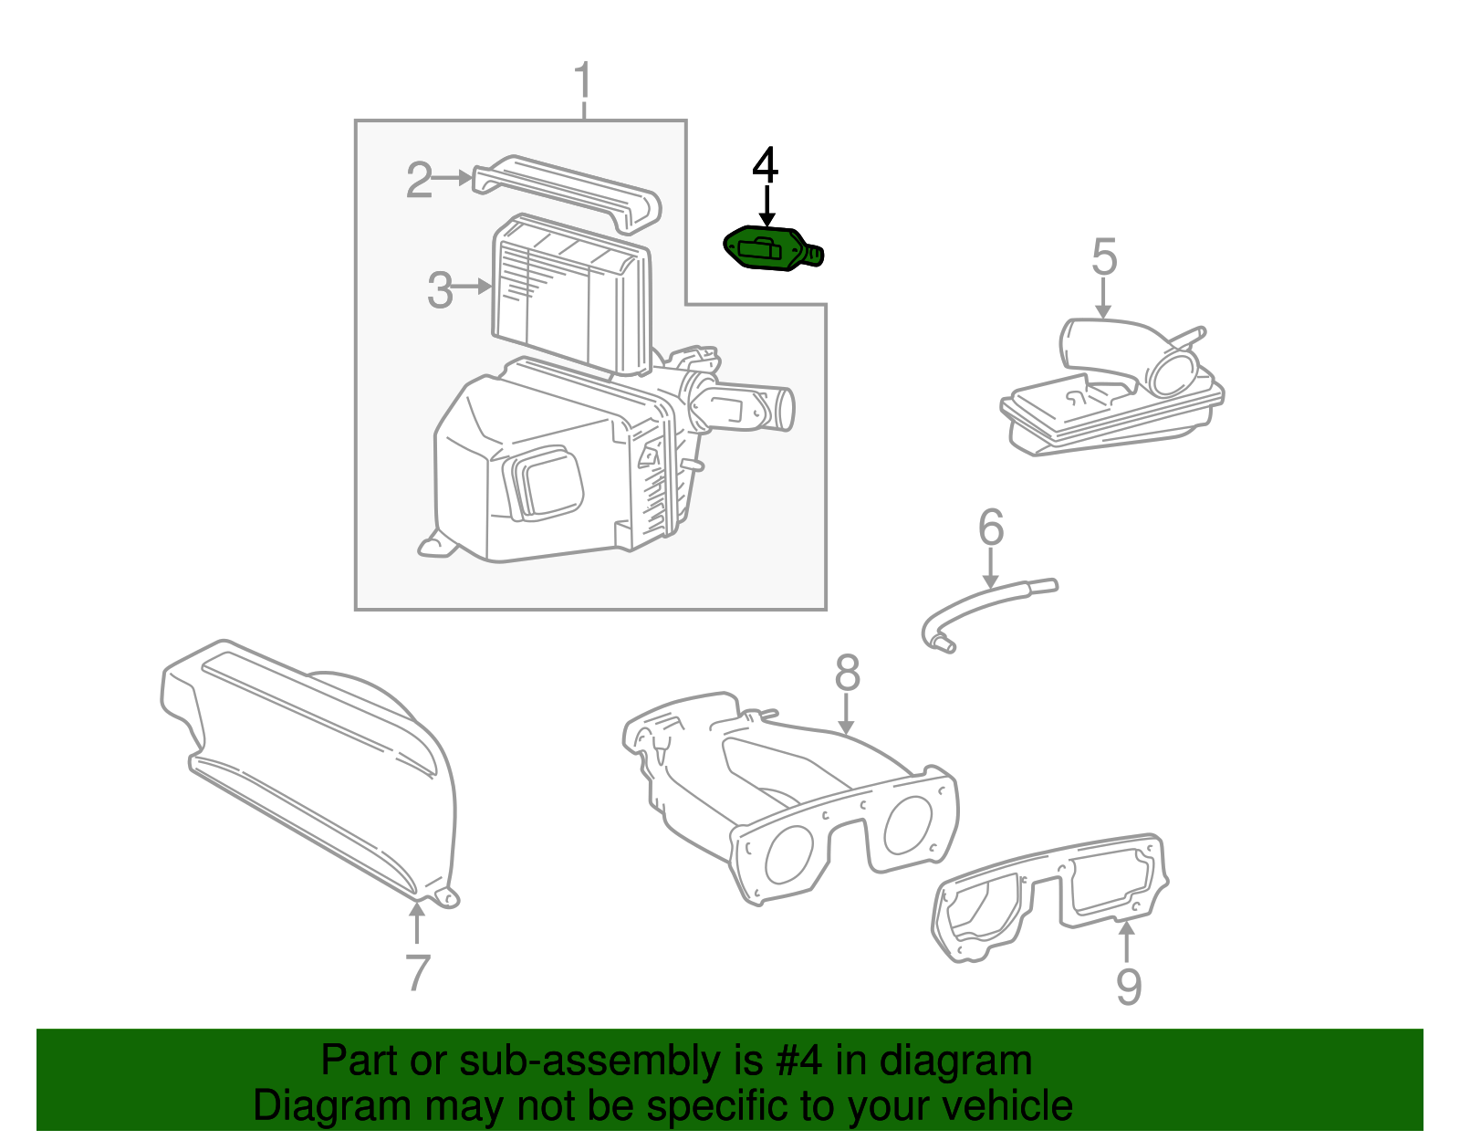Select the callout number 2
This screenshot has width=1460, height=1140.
tap(419, 180)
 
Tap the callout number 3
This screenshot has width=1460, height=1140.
tap(440, 290)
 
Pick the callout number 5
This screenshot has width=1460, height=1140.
tap(1104, 257)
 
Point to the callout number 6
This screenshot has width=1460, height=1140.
tap(991, 528)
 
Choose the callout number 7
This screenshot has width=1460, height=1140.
tap(416, 973)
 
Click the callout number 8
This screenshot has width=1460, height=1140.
tap(847, 674)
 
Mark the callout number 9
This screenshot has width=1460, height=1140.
tap(1129, 987)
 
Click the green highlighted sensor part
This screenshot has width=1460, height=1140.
tap(766, 248)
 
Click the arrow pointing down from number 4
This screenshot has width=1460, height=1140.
tap(766, 205)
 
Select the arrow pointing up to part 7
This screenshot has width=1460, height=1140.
tap(416, 922)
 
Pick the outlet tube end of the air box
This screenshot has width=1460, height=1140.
tap(784, 409)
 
